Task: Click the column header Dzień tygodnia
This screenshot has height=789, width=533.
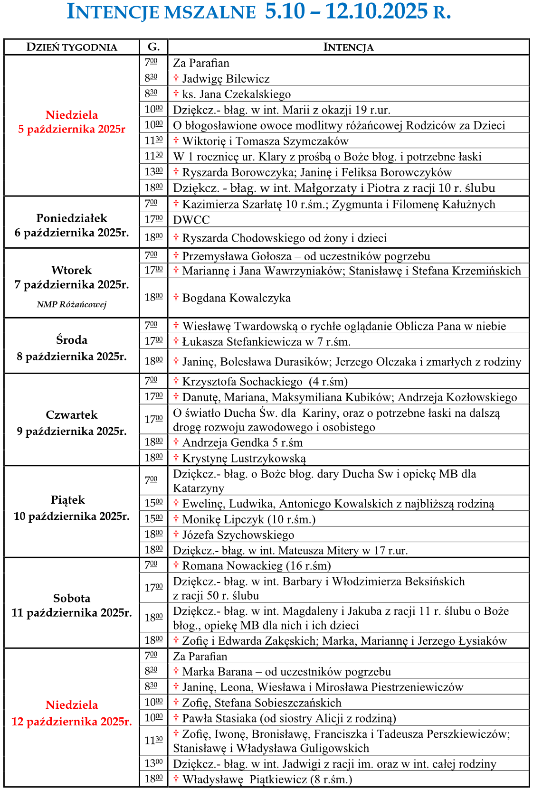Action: pos(72,47)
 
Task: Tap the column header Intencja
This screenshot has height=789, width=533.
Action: pos(348,47)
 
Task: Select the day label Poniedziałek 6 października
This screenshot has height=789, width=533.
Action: pos(72,225)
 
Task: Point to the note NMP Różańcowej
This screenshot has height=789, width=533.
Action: pos(72,304)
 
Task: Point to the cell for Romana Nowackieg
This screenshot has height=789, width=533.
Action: pos(252,566)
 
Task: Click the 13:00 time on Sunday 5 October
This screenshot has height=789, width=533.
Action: pos(153,172)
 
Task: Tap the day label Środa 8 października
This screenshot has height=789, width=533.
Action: pos(72,348)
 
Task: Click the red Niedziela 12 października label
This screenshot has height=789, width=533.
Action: pos(72,713)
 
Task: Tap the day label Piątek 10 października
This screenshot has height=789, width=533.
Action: pos(72,508)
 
